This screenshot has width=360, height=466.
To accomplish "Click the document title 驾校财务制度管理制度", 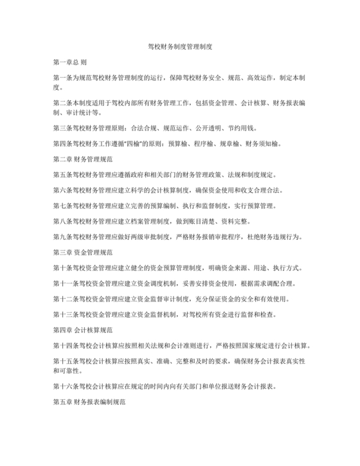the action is coord(179,47).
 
